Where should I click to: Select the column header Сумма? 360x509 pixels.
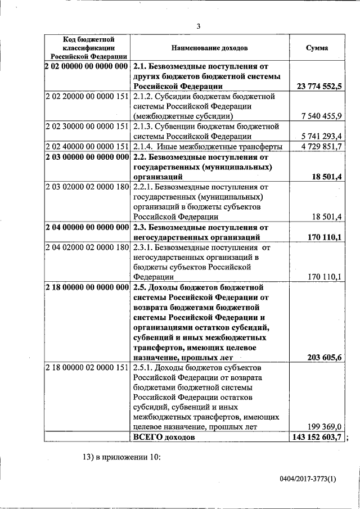coord(317,48)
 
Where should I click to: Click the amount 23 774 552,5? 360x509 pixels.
coord(318,86)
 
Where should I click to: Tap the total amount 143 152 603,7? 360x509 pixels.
coord(318,437)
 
